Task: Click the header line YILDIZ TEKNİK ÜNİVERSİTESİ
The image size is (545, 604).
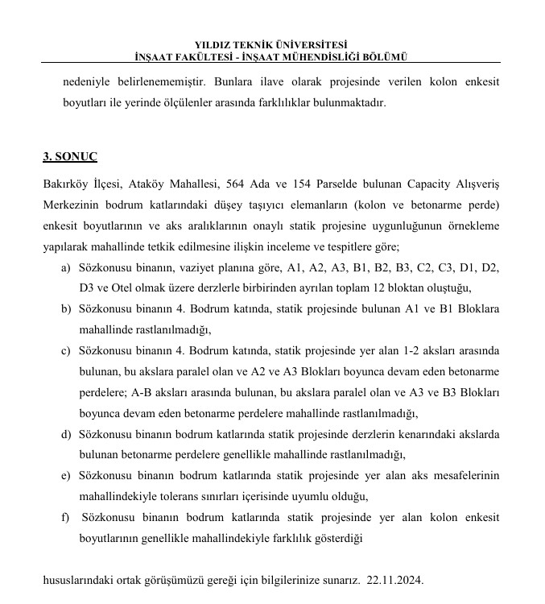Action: [x=271, y=45]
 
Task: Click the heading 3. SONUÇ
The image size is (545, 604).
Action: [x=70, y=156]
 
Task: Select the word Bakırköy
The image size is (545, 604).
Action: [x=66, y=183]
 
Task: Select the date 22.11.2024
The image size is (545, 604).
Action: [x=394, y=580]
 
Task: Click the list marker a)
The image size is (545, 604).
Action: [x=65, y=267]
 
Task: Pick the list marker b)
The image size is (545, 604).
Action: [x=65, y=309]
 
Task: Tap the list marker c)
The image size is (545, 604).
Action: [x=65, y=351]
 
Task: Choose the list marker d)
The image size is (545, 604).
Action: [x=65, y=435]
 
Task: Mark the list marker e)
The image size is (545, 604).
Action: [x=65, y=476]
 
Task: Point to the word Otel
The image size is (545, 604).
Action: [x=123, y=288]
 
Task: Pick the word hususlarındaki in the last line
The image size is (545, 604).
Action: [x=79, y=580]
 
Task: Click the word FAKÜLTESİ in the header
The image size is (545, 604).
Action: [x=212, y=56]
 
